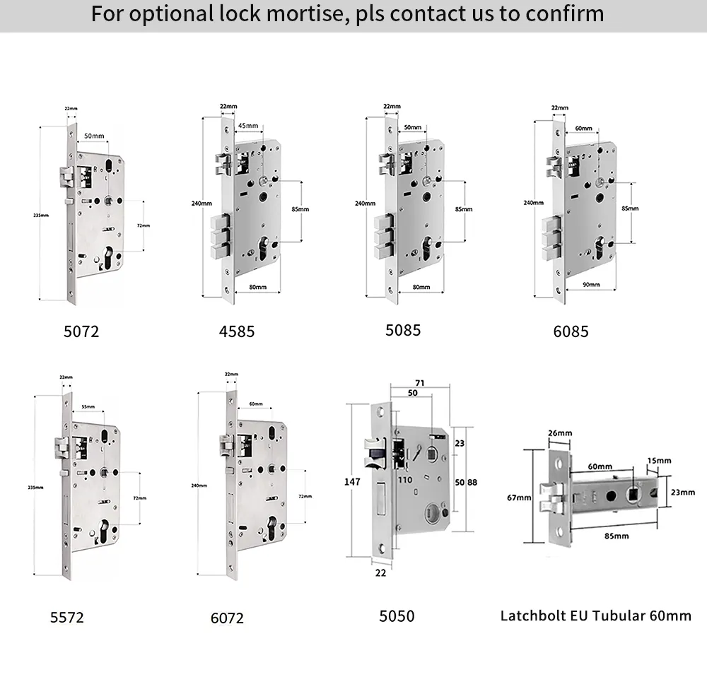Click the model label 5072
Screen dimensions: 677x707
(x=81, y=331)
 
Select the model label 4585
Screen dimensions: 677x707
(x=237, y=331)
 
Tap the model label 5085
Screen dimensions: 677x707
(x=403, y=330)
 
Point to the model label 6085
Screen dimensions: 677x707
(x=571, y=331)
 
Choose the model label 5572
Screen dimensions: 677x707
(x=67, y=617)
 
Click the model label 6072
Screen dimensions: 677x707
(x=227, y=618)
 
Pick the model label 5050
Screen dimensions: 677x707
(x=397, y=616)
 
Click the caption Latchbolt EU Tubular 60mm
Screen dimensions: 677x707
(x=595, y=616)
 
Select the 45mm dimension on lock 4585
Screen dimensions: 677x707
(x=247, y=126)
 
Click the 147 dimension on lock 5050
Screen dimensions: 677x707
(x=352, y=482)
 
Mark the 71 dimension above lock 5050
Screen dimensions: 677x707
(x=420, y=382)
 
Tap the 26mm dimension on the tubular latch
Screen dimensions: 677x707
(x=559, y=433)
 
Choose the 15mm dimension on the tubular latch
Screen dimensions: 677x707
(x=659, y=461)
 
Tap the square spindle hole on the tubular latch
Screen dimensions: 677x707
(x=634, y=497)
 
